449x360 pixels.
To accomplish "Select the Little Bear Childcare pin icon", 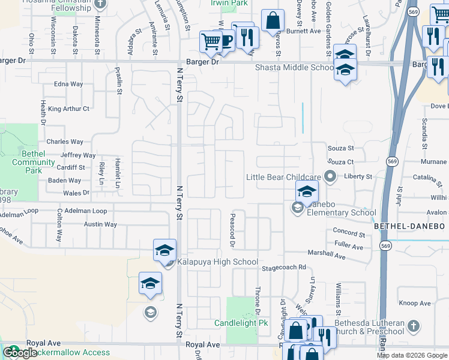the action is pos(330,176).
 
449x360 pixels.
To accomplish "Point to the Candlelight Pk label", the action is pos(241,323).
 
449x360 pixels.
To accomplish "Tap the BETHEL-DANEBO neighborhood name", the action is pos(410,226).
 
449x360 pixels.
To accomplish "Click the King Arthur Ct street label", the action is pos(68,109).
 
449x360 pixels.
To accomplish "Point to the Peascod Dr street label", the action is pos(232,229).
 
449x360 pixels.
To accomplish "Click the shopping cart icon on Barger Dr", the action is pos(211,42).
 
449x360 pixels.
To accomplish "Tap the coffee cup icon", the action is pos(226,41).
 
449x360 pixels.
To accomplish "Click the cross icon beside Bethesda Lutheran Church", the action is pos(412,326).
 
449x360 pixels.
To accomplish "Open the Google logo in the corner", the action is pos(20,353).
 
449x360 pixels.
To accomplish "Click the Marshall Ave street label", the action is pos(327,256).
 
